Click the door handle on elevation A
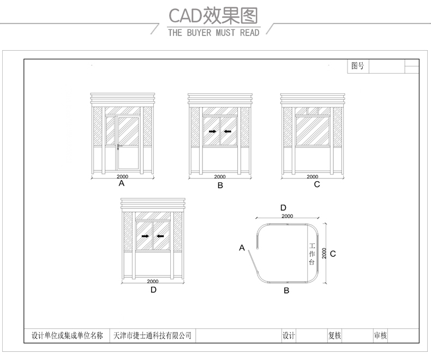[118, 147]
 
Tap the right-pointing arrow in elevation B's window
[212, 131]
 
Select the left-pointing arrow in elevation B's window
[228, 131]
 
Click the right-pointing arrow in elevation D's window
[145, 236]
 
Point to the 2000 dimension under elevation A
[122, 176]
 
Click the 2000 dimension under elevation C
[312, 176]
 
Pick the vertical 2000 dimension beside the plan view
[324, 253]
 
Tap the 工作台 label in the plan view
[312, 254]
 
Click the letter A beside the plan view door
[242, 248]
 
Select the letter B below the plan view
[286, 291]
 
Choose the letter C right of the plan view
[333, 254]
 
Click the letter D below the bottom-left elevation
[153, 290]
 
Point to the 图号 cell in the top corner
[357, 66]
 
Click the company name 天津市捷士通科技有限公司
[152, 335]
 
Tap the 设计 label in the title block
[289, 335]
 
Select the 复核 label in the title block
[334, 335]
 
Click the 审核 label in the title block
[380, 335]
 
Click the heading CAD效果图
[213, 16]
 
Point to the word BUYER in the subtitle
[199, 33]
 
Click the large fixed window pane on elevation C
[313, 131]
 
